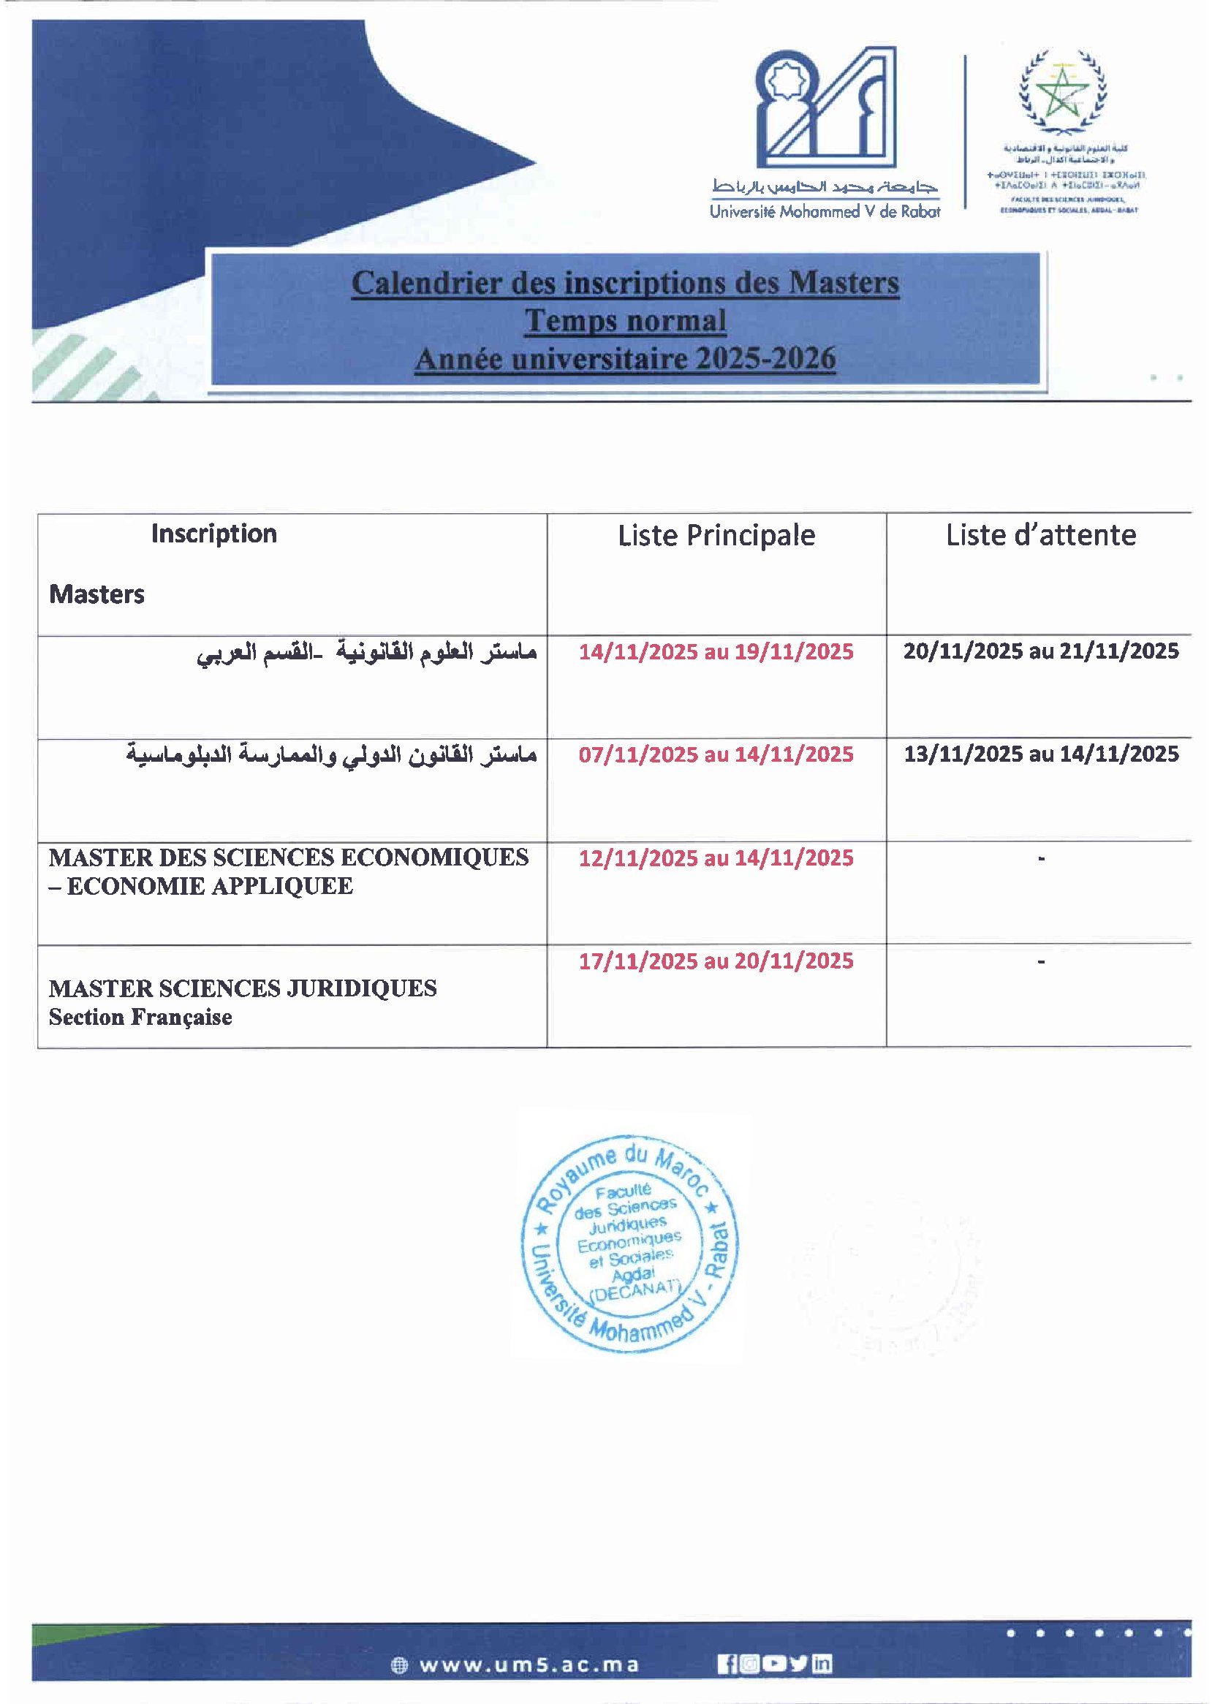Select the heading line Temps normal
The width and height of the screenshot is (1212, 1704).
click(625, 321)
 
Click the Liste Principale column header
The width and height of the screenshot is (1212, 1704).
click(716, 535)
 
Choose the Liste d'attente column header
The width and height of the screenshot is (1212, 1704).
click(1040, 535)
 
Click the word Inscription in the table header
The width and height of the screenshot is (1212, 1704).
click(213, 534)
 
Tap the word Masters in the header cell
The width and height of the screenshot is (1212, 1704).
click(96, 594)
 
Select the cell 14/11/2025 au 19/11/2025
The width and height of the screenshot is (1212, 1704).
click(716, 651)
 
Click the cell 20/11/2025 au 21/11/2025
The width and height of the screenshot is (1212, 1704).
click(1040, 651)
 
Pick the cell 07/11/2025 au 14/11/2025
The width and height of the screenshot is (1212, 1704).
click(716, 754)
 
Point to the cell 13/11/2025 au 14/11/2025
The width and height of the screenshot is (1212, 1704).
click(1040, 754)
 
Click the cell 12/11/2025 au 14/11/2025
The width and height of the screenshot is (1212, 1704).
click(716, 857)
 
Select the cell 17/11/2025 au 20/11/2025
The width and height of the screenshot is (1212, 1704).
click(716, 961)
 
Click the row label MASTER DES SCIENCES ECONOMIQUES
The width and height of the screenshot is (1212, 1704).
click(288, 857)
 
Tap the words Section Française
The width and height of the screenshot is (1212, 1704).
click(140, 1018)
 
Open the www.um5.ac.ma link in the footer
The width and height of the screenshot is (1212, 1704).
click(529, 1665)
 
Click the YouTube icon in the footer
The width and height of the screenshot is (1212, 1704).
click(775, 1664)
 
